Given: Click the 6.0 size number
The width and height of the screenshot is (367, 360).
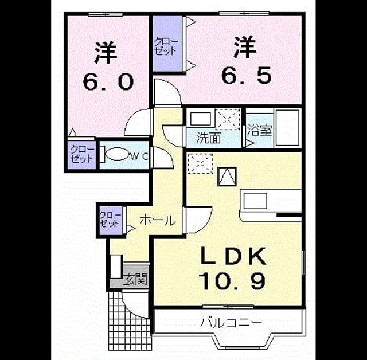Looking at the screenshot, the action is (x=108, y=82).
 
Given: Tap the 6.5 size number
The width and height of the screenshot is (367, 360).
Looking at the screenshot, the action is (x=247, y=75).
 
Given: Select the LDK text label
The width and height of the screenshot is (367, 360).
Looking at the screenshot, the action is (x=233, y=256).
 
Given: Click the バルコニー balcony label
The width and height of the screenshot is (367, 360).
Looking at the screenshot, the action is (x=231, y=323).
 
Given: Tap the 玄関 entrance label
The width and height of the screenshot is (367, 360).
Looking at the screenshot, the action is (x=135, y=279).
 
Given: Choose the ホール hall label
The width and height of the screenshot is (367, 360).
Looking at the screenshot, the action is (x=157, y=221).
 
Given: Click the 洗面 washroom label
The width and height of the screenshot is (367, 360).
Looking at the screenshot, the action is (x=208, y=138).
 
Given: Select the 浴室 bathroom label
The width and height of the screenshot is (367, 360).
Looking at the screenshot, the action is (x=259, y=130).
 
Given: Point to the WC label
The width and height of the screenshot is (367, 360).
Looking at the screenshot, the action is (x=140, y=156).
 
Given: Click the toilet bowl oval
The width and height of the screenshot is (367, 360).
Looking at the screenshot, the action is (x=117, y=154).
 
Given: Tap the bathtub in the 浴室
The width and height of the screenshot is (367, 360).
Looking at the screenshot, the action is (x=288, y=127).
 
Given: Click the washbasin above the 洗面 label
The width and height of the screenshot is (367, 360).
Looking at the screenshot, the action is (x=201, y=119).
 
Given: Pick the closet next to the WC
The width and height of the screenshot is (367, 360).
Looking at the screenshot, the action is (x=82, y=155).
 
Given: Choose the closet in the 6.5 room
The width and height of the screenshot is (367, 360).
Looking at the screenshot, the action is (x=167, y=44).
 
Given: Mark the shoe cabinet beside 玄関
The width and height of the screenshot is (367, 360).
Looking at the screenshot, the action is (x=116, y=267).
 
